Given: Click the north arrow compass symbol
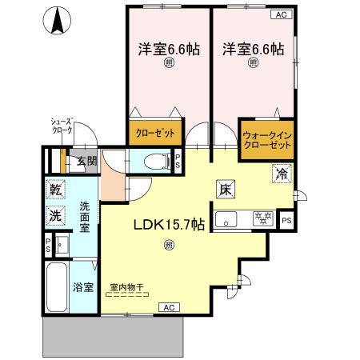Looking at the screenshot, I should [x=58, y=22].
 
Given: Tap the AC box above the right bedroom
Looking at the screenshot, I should [x=282, y=14].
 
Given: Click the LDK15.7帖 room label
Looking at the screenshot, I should [x=169, y=226].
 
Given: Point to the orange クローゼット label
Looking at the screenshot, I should [x=154, y=133].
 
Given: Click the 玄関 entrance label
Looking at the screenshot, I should [x=86, y=161].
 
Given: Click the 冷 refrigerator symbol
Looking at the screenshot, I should [x=282, y=173].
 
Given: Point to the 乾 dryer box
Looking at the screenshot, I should [x=55, y=191].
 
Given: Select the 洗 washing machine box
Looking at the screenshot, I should [x=55, y=215].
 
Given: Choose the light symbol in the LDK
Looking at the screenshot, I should [x=168, y=246].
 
